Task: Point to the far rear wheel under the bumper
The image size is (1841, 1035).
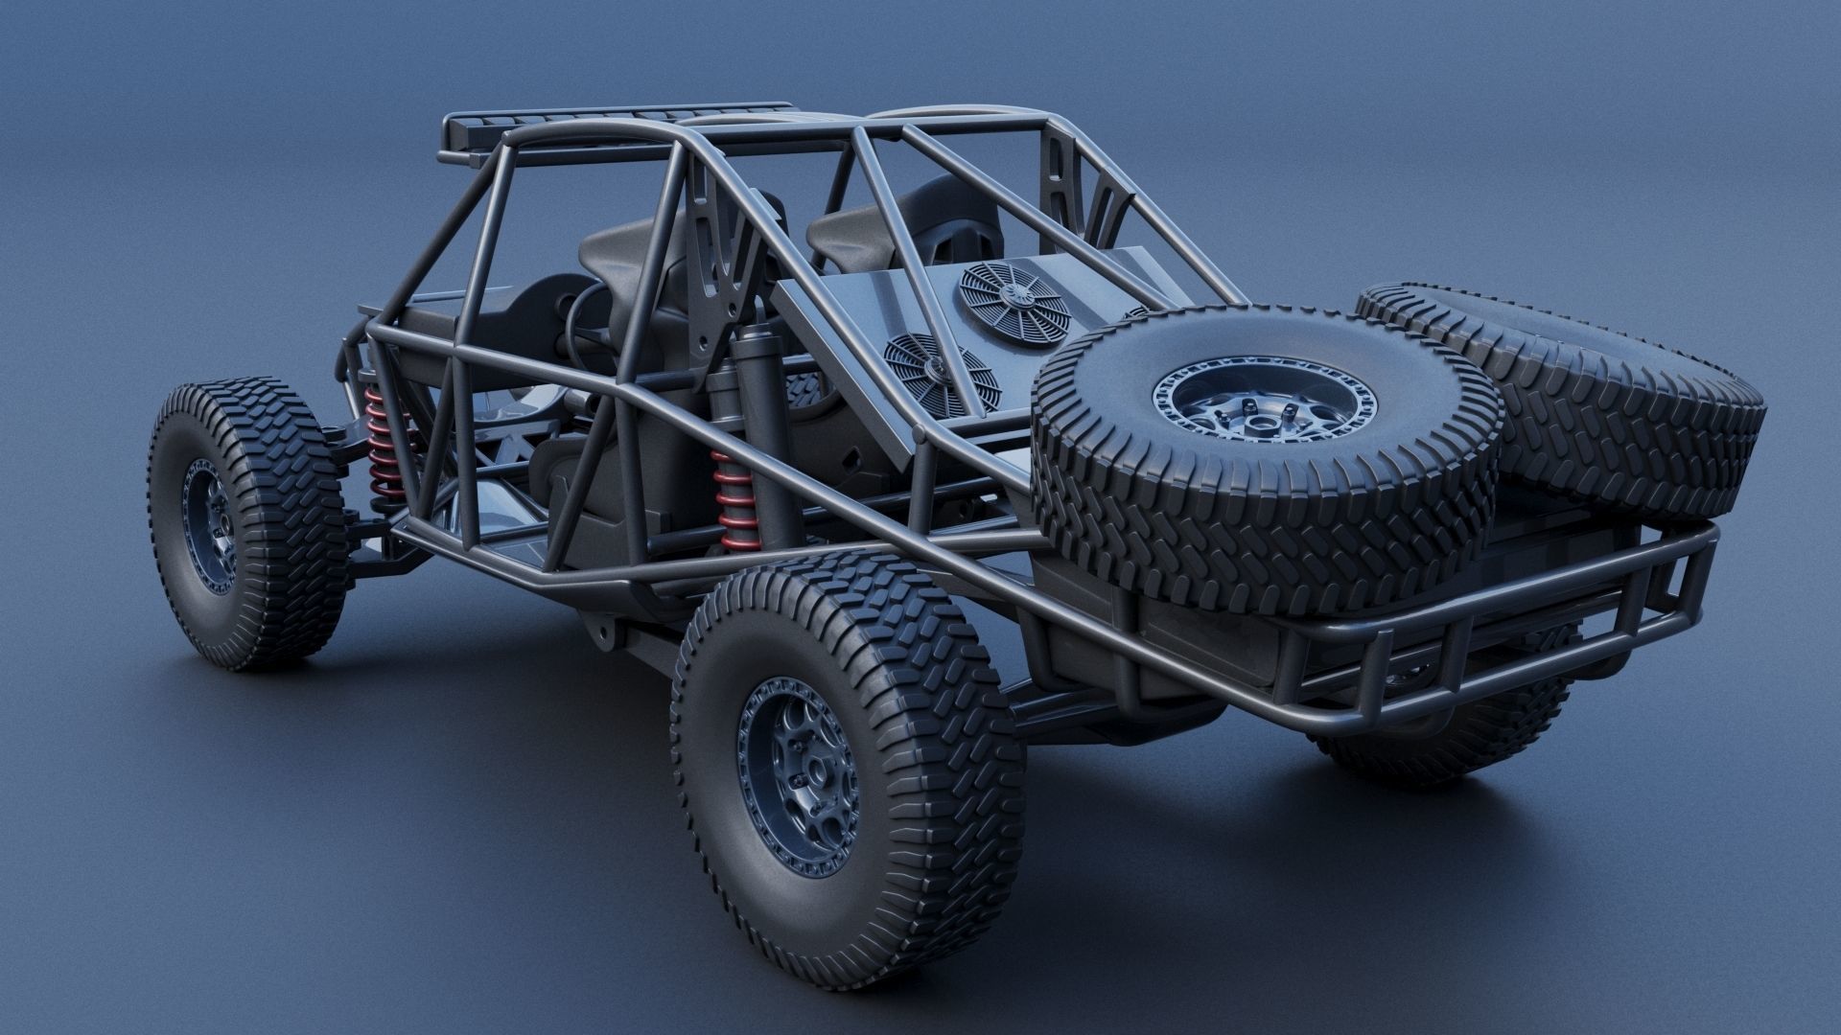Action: click(1438, 747)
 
